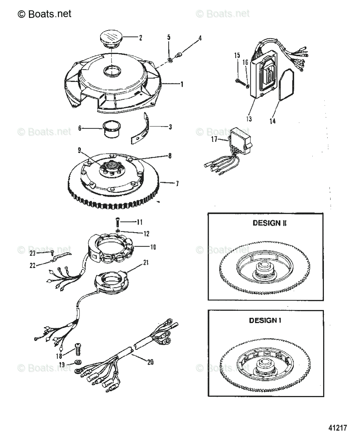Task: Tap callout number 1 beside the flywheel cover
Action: pos(181,85)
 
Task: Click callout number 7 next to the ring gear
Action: pos(177,183)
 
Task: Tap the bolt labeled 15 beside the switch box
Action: pos(240,79)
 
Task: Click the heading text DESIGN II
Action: pos(266,223)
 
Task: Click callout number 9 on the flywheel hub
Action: pos(79,150)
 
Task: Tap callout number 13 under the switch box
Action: pos(249,119)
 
